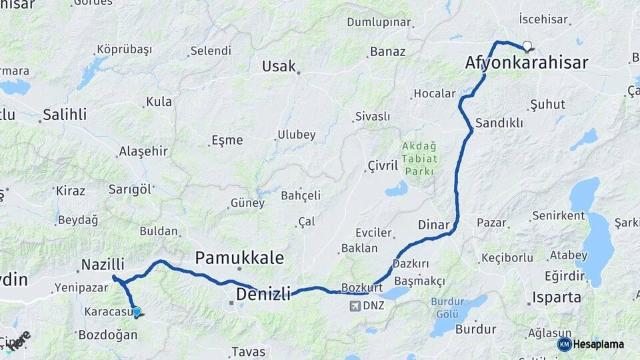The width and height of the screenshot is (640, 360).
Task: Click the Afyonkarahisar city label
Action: click(527, 63)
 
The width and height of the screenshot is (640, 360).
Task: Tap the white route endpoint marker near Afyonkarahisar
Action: click(527, 47)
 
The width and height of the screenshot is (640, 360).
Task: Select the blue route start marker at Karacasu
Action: click(137, 311)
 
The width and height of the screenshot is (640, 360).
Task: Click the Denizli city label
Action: click(263, 293)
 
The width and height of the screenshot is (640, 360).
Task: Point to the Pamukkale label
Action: click(239, 258)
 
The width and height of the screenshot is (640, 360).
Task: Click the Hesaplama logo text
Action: click(599, 344)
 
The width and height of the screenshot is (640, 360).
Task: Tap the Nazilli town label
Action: click(103, 265)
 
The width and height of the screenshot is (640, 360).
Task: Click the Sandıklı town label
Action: click(499, 123)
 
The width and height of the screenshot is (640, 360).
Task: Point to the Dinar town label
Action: click(434, 225)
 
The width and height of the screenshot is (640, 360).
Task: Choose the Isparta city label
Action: click(557, 297)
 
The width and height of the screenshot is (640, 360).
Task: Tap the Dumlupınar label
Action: click(379, 22)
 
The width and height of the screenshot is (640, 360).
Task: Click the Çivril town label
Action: click(383, 165)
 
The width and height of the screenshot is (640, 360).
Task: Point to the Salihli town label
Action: click(65, 115)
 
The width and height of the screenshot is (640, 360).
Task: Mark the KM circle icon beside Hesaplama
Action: click(565, 344)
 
